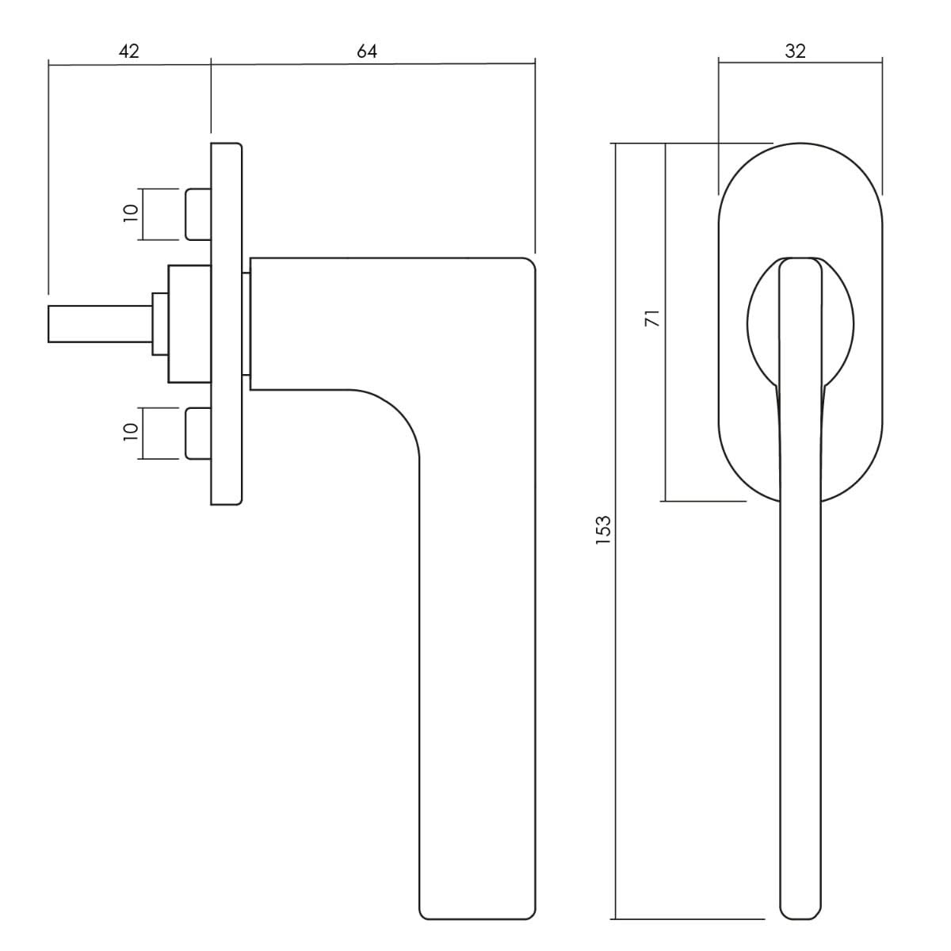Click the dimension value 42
129,51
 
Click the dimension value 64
367,51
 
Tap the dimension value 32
795,51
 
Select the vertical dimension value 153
603,529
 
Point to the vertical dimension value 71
652,318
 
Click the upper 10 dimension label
131,213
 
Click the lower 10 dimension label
131,432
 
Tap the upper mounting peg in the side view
198,214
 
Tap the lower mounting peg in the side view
198,433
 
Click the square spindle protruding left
100,324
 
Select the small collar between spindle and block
160,324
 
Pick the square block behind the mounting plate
189,324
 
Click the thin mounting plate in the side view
227,324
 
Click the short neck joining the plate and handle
246,324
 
